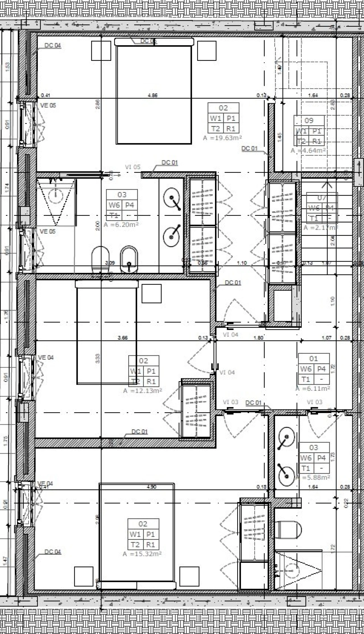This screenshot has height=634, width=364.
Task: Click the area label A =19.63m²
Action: [x=222, y=138]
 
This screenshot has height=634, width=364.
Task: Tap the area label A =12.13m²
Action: [x=142, y=391]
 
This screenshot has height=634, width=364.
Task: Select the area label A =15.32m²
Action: [x=142, y=554]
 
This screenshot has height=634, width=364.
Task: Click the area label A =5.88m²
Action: [x=313, y=478]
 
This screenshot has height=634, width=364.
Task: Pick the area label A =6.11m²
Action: [x=313, y=389]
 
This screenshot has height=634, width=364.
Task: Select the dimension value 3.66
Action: [x=123, y=338]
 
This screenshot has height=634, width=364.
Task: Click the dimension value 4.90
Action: [x=151, y=487]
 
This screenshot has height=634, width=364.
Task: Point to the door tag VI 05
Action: [x=133, y=167]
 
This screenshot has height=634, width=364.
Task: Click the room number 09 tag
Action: [x=309, y=121]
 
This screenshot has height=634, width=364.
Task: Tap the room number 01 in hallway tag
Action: [x=313, y=359]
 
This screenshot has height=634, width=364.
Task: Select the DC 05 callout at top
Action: [x=148, y=41]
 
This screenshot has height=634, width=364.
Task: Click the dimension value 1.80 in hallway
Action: [x=258, y=338]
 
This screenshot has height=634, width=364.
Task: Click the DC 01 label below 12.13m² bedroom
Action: [x=139, y=432]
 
